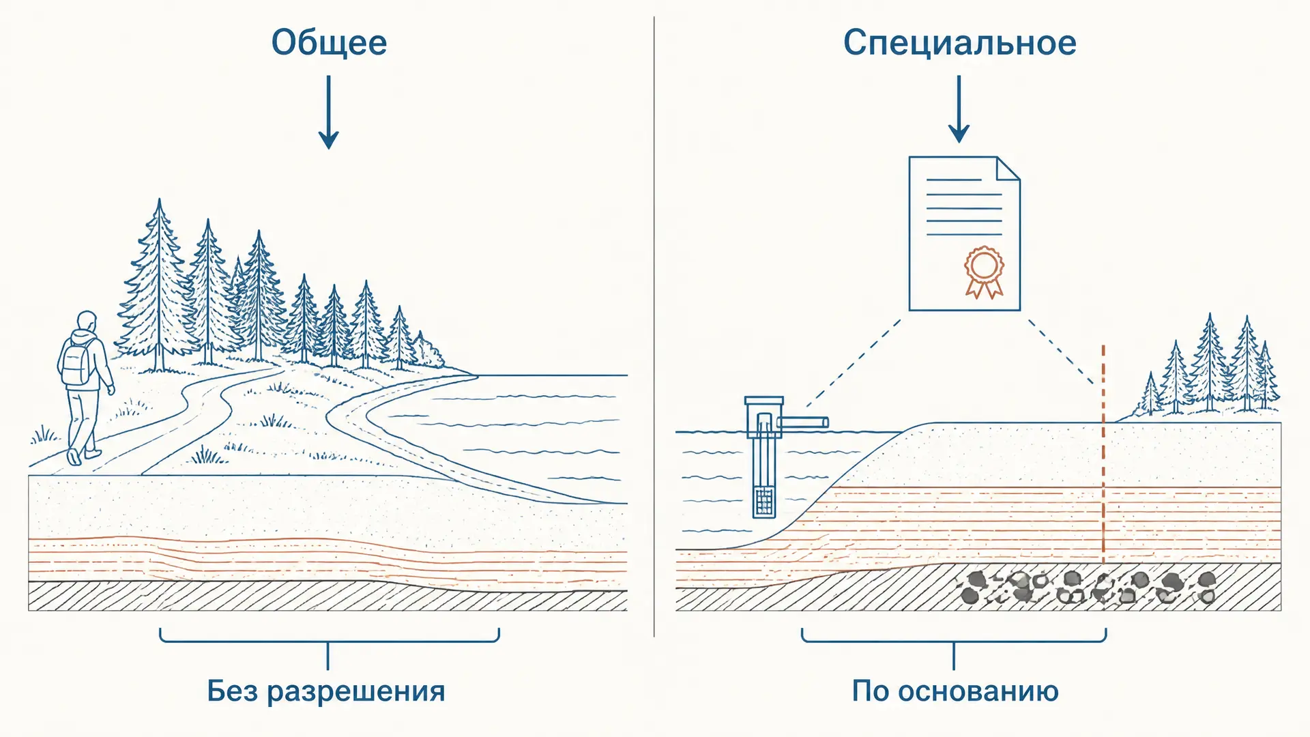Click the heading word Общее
329,42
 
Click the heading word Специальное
959,42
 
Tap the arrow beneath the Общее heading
329,112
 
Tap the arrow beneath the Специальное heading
959,109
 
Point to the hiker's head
86,321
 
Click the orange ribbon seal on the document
983,272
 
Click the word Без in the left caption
232,691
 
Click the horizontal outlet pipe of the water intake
802,422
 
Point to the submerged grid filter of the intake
764,502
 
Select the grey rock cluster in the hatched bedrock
1085,588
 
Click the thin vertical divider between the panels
654,328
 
